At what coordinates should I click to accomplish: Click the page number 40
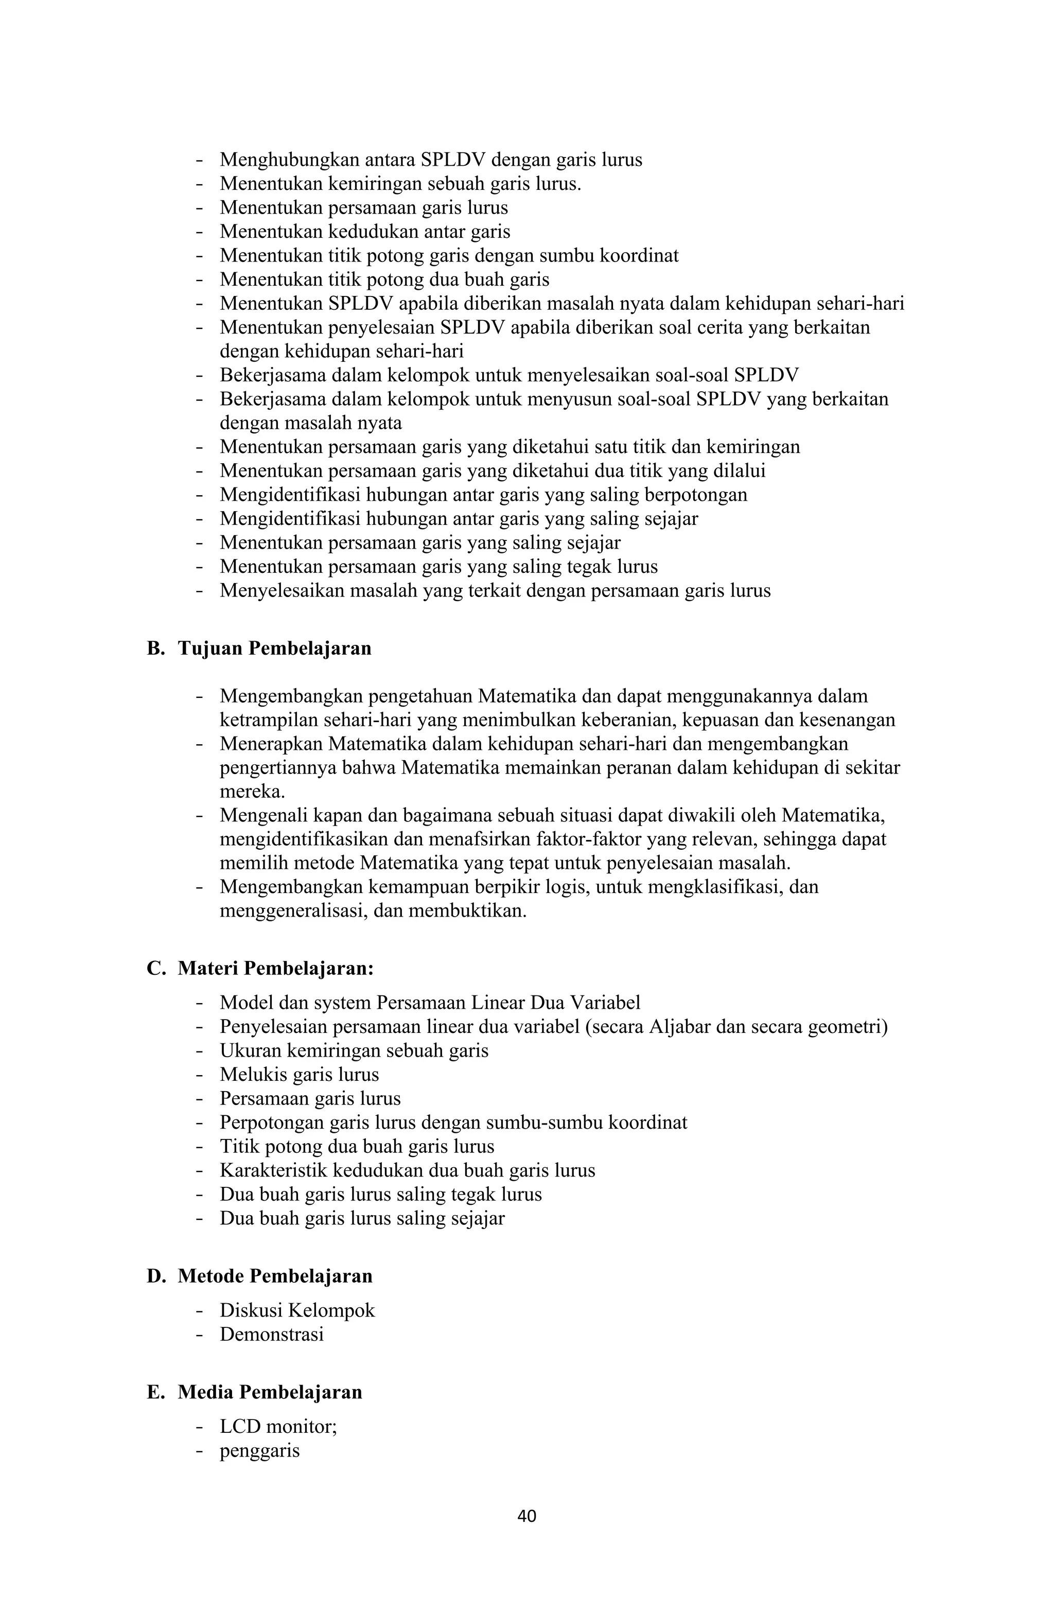pos(526,1516)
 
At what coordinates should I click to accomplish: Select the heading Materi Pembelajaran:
pos(276,968)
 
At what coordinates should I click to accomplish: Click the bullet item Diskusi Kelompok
pos(296,1310)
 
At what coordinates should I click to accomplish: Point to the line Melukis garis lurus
pos(298,1074)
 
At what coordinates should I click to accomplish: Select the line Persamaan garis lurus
pos(310,1098)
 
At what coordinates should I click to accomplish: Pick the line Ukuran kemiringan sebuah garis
pos(354,1050)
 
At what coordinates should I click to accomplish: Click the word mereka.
pos(252,791)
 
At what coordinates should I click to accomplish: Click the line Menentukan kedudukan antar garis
pos(364,232)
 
